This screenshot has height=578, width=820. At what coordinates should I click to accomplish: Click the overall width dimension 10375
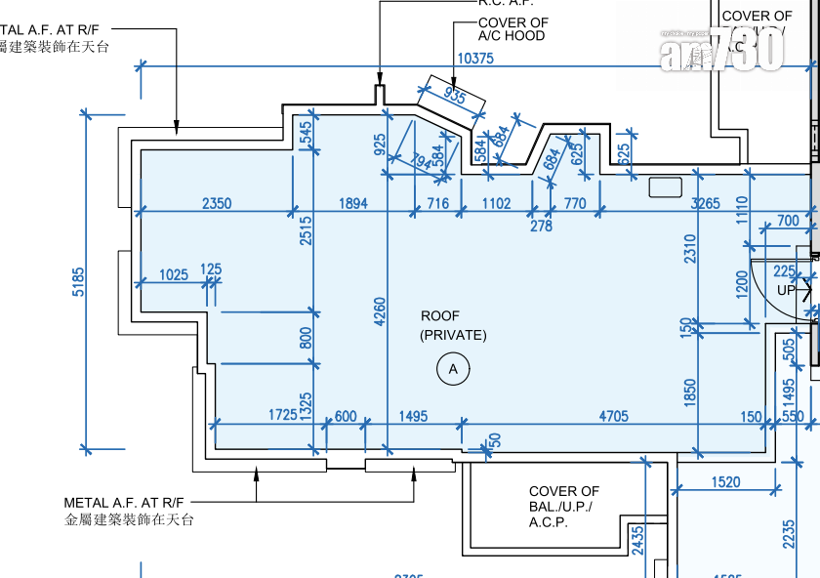coord(474,59)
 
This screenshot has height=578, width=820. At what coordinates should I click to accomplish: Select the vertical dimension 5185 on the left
coord(78,283)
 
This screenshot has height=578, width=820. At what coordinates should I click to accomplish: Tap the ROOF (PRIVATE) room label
coord(453,325)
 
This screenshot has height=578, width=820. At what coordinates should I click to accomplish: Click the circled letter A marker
coord(452,369)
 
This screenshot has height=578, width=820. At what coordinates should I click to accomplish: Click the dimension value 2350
coord(217,203)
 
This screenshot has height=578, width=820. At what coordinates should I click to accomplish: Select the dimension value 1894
coord(352,203)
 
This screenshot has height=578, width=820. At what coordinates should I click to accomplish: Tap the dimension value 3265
coord(705,203)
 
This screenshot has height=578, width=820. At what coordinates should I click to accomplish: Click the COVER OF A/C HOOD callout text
coord(512,29)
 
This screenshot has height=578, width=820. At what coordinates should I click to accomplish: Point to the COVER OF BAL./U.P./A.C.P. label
coord(564,507)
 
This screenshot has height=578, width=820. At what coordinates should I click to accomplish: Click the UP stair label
coord(786,291)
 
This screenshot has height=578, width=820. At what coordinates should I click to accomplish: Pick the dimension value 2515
coord(307,230)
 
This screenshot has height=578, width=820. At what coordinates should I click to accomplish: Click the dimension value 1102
coord(496,203)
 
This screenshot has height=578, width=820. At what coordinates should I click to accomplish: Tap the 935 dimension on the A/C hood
coord(455,95)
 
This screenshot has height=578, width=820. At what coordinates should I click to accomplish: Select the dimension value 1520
coord(726,481)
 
